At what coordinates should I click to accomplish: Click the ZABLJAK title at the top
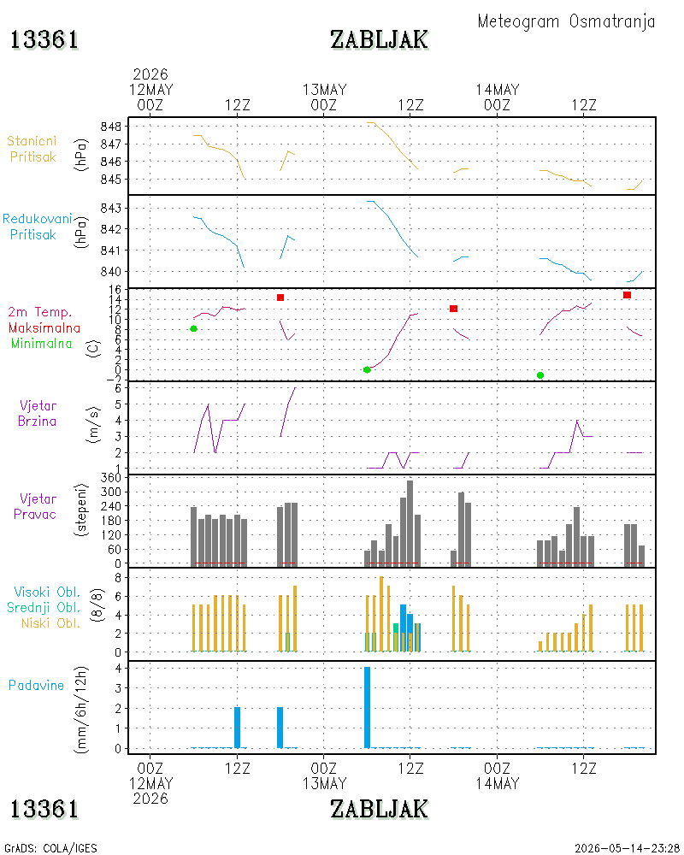pos(379,40)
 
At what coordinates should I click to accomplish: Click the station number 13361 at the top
pos(44,40)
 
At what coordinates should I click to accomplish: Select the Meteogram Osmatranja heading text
pos(566,22)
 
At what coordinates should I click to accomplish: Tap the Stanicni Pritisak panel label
pos(32,149)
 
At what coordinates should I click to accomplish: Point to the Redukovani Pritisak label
pos(37,227)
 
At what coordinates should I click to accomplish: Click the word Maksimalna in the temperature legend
pos(44,328)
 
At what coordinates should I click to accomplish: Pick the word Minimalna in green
pos(41,344)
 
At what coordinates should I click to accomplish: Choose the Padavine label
pos(36,686)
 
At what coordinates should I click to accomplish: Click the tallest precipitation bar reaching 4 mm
pos(367,708)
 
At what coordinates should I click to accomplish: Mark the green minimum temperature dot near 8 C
pos(193,329)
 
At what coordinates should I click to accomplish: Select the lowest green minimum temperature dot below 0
pos(540,375)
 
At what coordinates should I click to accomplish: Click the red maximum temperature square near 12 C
pos(453,309)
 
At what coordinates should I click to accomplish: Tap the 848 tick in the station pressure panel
pos(111,127)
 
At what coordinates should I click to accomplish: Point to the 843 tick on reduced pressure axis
pos(111,209)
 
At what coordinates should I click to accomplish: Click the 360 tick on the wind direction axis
pos(111,478)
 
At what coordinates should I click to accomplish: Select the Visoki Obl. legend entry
pos(47,593)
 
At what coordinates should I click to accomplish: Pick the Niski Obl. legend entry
pos(50,623)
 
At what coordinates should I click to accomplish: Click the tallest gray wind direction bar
pos(410,522)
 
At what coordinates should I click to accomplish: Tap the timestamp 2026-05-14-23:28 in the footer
pos(626,848)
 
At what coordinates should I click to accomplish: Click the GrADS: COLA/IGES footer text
pos(50,848)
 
